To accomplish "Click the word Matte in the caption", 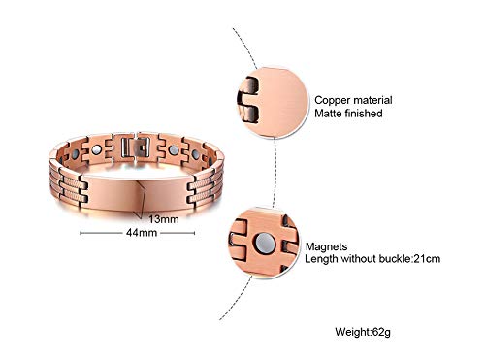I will tap(330, 113).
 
